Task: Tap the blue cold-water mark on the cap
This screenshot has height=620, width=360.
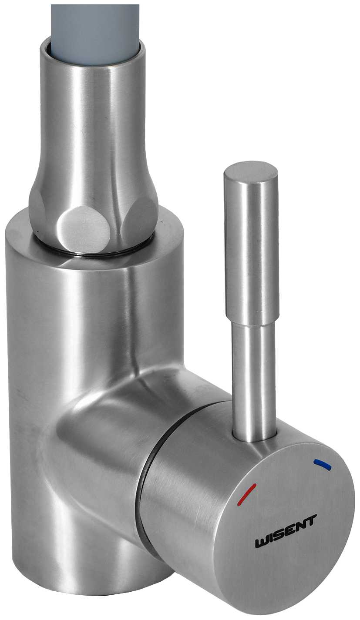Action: [322, 465]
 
